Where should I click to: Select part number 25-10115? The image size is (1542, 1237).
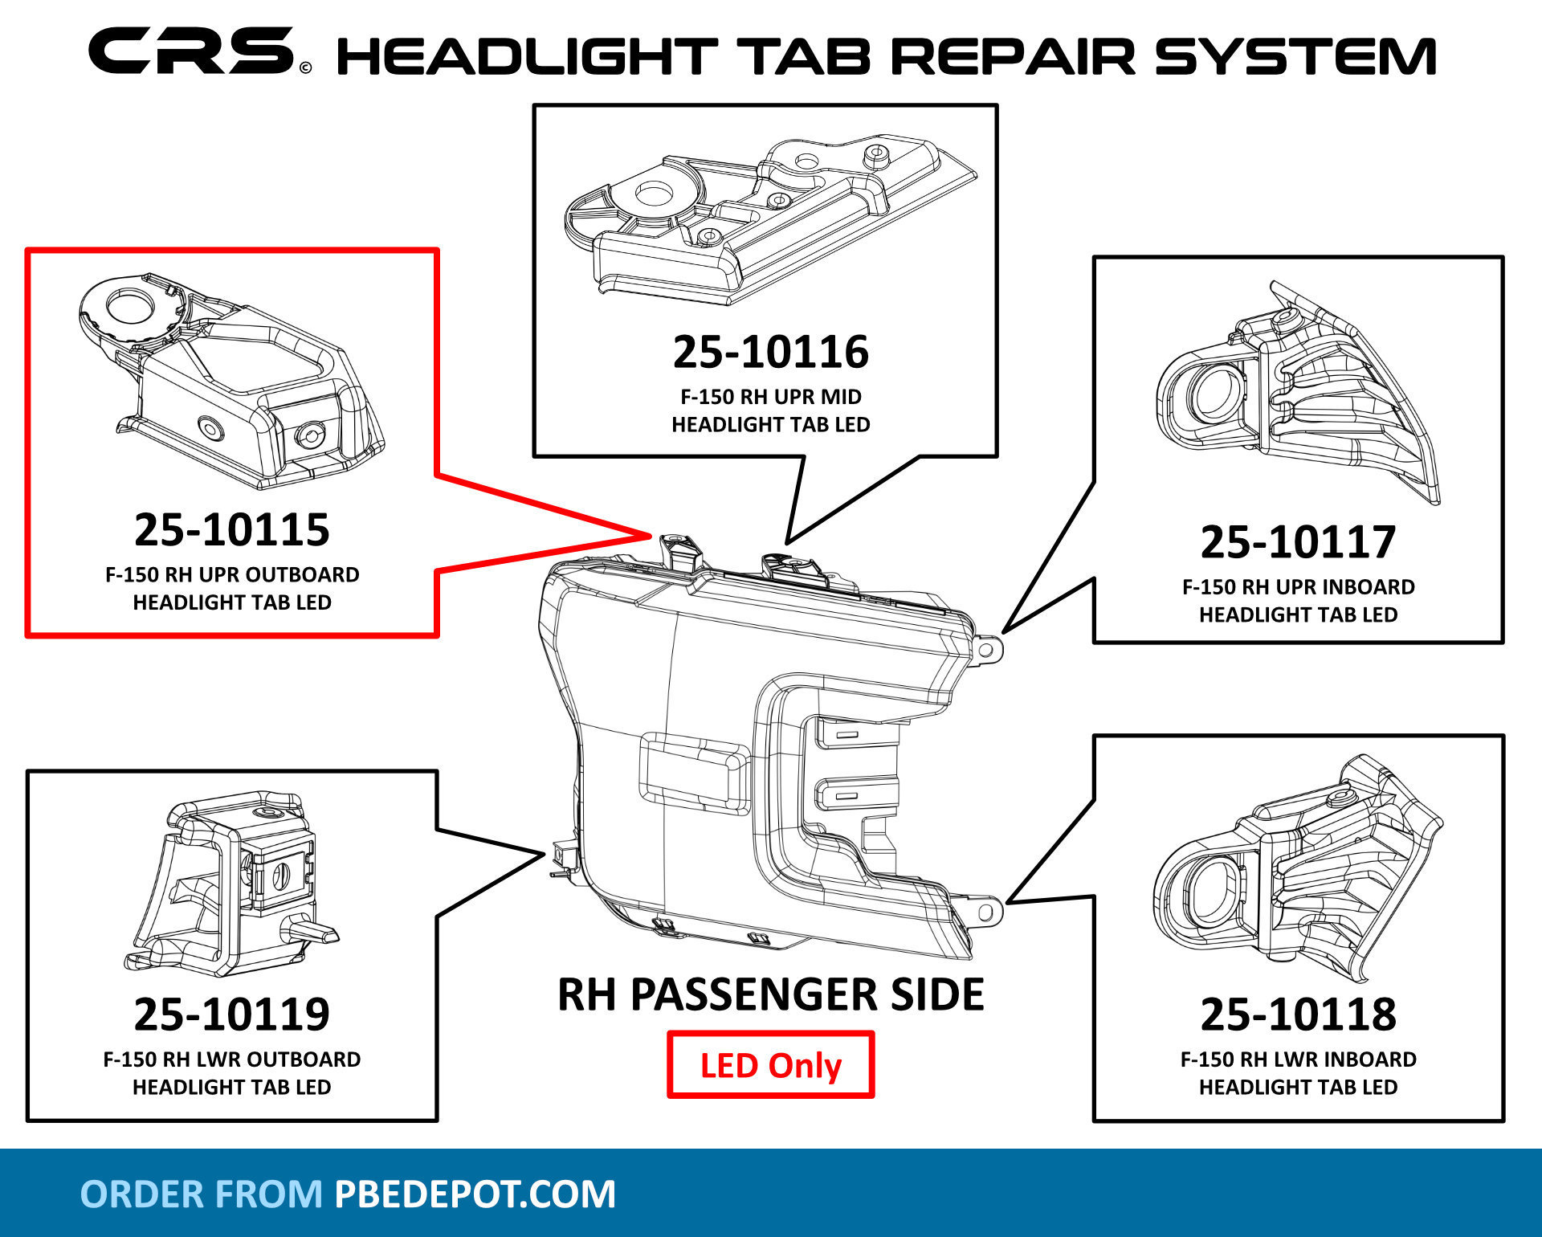coord(231,530)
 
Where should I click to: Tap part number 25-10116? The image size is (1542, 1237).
coord(770,353)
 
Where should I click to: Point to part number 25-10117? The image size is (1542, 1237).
coord(1298,542)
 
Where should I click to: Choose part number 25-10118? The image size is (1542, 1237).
coord(1298,1015)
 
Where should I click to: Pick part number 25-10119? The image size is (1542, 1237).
coord(231,1015)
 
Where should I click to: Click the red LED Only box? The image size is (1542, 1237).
coord(770,1065)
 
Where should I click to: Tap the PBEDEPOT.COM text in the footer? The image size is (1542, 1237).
coord(475,1194)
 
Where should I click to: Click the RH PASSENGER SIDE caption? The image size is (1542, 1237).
coord(770,994)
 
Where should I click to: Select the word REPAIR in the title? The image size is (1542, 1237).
coord(1014,56)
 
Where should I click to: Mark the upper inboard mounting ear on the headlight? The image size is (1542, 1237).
coord(989,648)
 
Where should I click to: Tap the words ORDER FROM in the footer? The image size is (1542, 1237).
coord(201,1194)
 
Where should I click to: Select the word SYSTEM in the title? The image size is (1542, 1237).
coord(1295,56)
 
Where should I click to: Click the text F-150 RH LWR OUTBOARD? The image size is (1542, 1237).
coord(231,1059)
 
